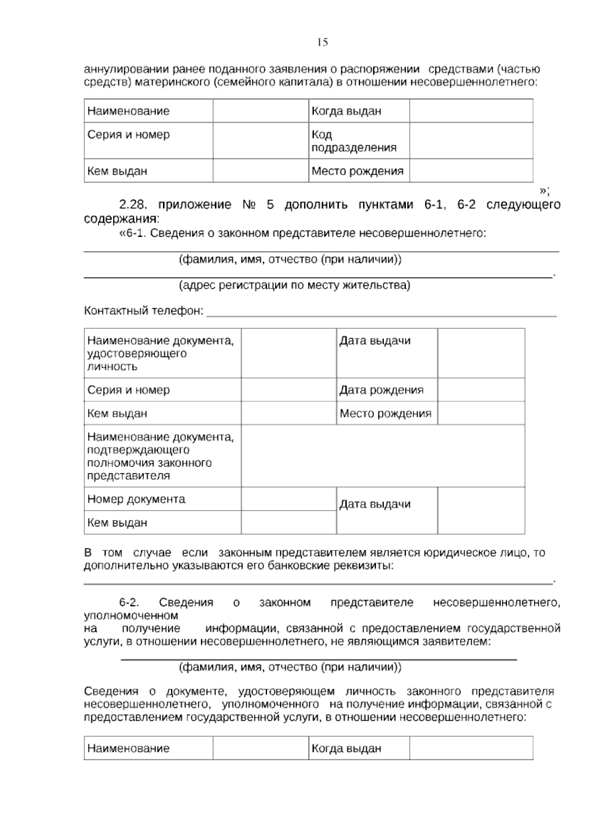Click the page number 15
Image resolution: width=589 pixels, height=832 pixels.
(322, 42)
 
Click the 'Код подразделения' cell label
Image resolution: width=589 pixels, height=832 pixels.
(353, 141)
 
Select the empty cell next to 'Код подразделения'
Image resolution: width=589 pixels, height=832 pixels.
(471, 140)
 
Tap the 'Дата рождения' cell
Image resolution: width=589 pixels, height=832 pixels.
(381, 390)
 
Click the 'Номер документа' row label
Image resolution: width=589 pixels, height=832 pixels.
(136, 499)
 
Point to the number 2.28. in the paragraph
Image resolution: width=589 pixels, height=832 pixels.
(134, 205)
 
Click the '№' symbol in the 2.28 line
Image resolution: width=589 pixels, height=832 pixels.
(249, 205)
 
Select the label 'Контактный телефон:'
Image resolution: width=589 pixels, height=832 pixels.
(144, 311)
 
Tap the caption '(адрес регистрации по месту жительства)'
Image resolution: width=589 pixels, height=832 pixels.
(294, 285)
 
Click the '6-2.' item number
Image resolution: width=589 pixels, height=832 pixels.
(130, 602)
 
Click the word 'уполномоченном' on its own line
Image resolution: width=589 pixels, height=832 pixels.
(131, 615)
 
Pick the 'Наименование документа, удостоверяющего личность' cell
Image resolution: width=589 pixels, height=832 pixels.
(161, 353)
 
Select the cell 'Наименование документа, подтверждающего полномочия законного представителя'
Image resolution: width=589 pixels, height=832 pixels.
(161, 456)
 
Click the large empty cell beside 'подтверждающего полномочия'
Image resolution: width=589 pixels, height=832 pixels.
(383, 456)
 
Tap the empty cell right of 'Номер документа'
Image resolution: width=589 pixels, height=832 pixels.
(289, 499)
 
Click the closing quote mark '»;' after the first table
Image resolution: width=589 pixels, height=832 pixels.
(544, 190)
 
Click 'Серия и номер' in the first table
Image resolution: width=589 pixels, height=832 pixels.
(129, 134)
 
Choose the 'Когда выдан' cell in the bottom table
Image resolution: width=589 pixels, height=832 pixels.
(347, 748)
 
